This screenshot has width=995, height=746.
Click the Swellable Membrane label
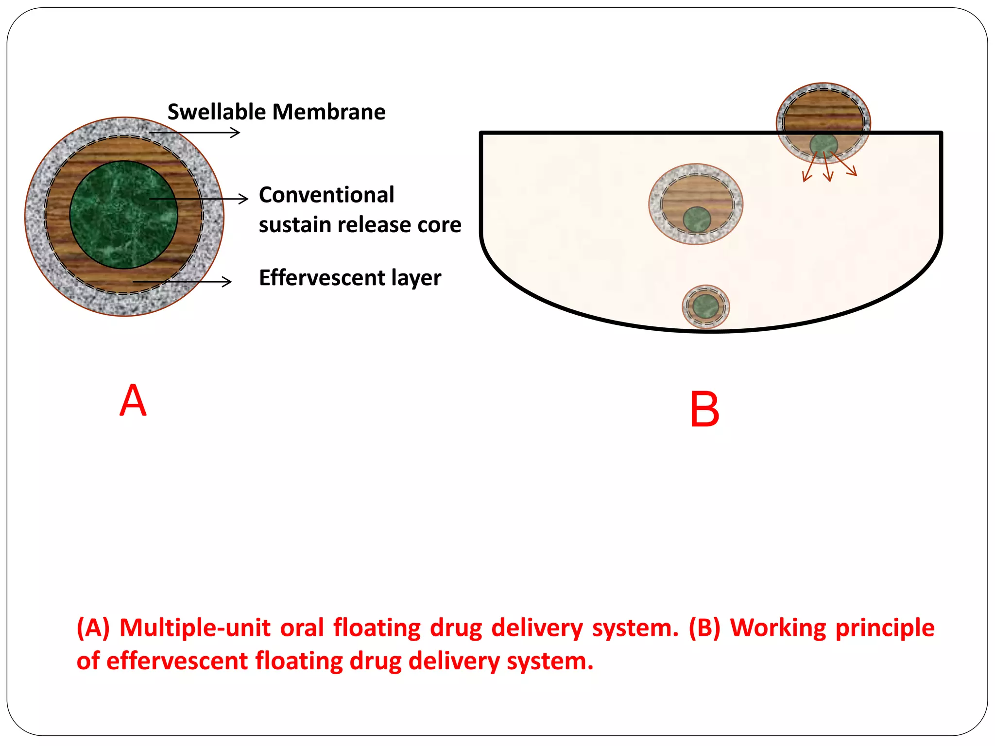276,112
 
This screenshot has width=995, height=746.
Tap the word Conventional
326,195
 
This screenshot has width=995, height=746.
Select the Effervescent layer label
350,278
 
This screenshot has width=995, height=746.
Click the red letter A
133,401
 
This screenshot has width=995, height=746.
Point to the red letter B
704,410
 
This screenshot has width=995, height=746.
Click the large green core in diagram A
123,215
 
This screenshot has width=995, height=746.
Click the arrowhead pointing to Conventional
243,199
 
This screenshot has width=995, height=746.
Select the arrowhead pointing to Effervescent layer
227,282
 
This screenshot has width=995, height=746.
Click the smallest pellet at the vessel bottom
706,307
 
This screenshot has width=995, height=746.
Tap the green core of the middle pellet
697,220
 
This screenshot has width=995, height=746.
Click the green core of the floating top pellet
823,145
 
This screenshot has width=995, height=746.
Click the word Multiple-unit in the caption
194,627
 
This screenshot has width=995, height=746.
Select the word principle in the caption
885,627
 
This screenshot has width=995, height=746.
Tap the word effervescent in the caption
177,661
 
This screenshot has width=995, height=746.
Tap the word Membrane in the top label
329,112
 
